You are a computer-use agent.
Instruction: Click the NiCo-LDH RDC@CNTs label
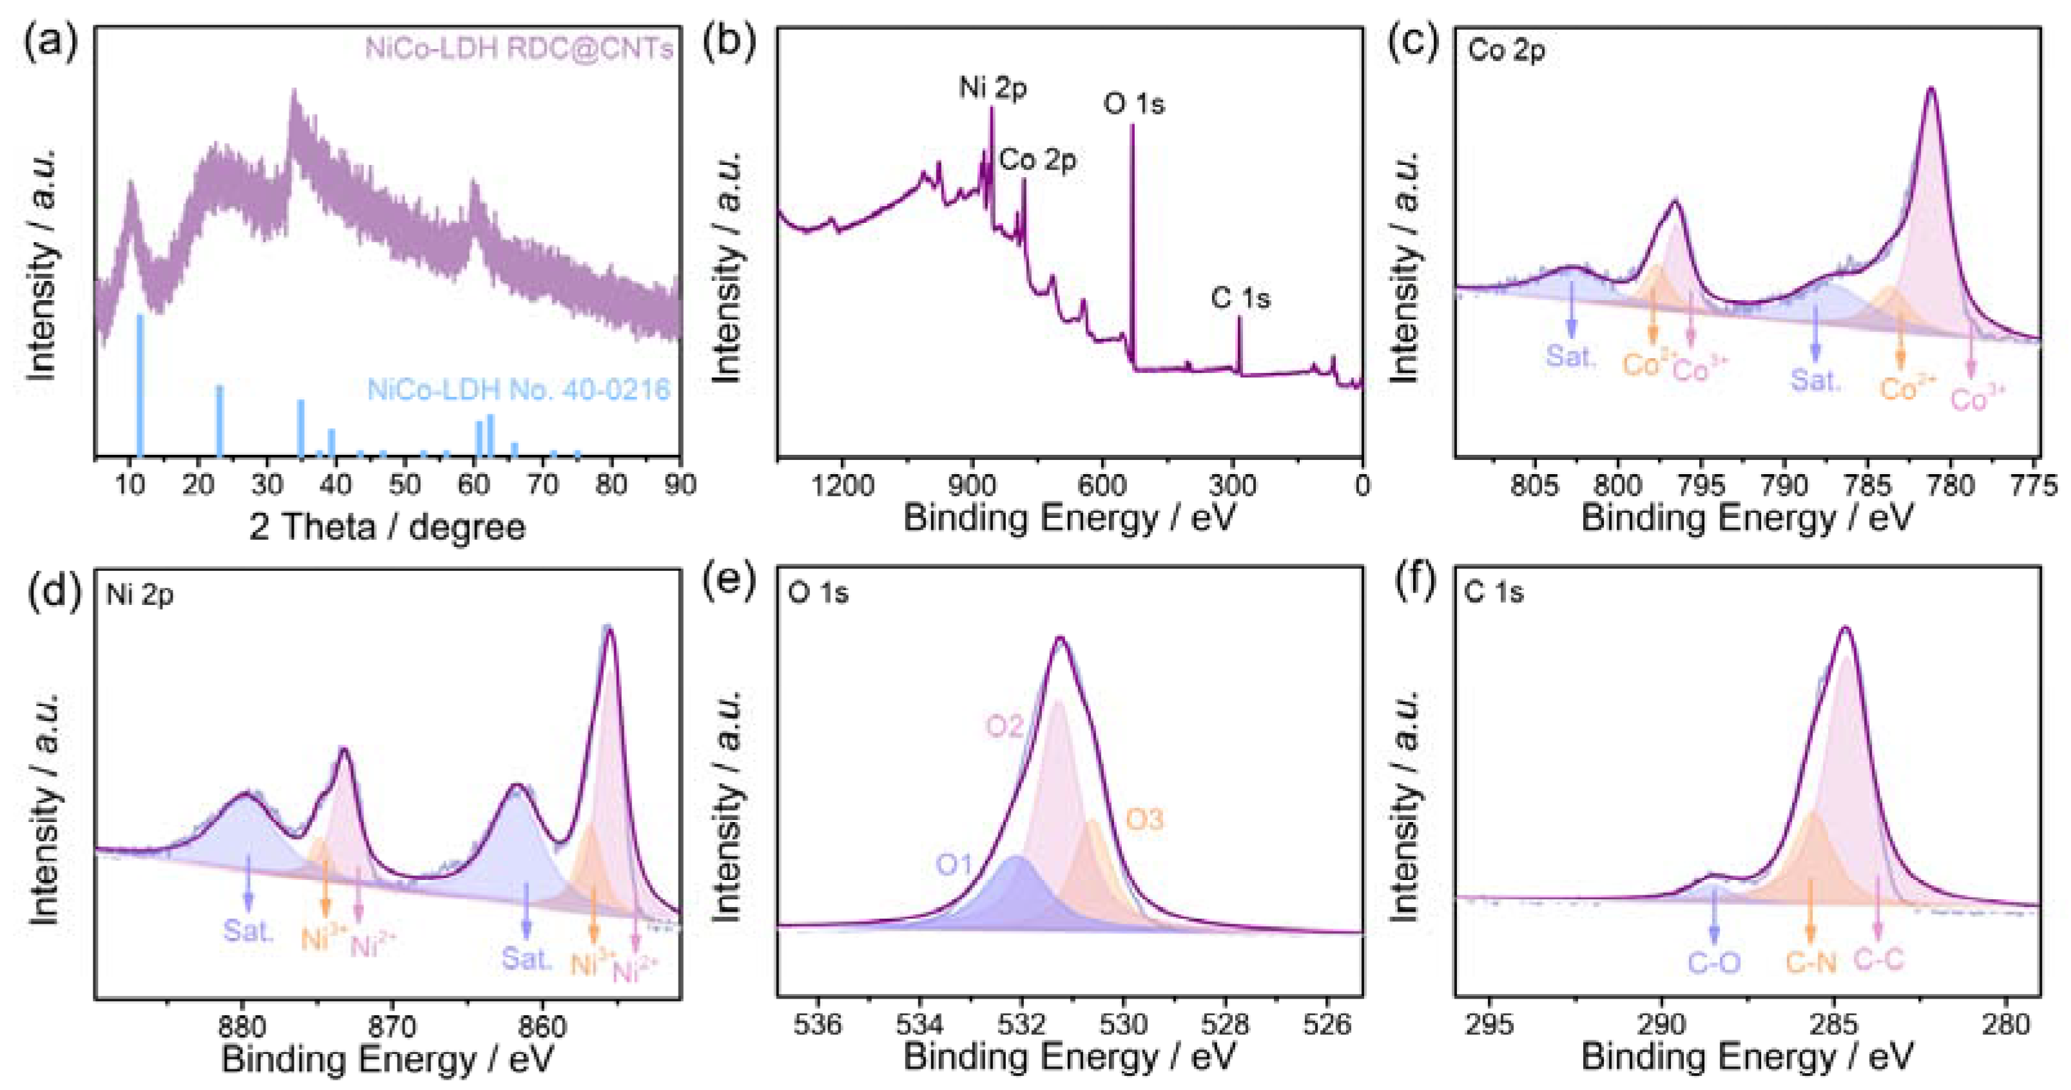(519, 49)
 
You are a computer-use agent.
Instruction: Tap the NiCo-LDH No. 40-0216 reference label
(519, 390)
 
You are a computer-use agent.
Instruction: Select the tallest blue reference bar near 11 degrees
(140, 386)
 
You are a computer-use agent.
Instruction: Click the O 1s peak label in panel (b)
(1133, 104)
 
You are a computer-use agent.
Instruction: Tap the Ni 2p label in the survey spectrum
(993, 87)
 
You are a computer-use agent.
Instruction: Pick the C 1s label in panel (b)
(1240, 298)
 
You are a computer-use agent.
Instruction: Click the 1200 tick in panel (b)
(842, 486)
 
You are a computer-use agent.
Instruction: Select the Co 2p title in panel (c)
(1506, 51)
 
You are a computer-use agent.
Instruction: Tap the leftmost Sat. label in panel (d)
(249, 931)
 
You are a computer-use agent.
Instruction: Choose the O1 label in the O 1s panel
(954, 865)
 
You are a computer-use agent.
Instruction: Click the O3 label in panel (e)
(1144, 820)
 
